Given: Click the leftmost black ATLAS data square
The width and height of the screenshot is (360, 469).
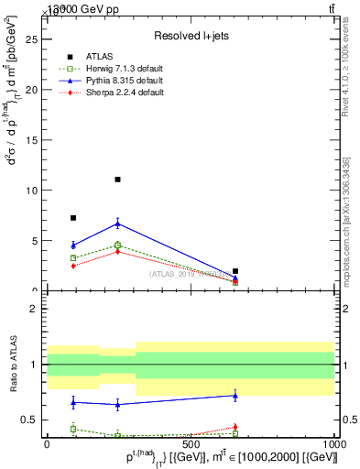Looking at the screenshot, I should (x=73, y=218).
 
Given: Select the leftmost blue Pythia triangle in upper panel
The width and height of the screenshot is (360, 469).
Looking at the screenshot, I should (x=73, y=245).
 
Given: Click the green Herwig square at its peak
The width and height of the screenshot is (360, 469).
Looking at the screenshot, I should (x=117, y=245).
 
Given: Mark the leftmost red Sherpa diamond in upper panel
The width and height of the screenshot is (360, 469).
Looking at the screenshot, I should (x=73, y=266).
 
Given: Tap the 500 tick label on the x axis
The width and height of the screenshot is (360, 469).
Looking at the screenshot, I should (x=191, y=442).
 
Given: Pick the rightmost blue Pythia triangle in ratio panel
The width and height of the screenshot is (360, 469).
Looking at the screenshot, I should (x=235, y=396).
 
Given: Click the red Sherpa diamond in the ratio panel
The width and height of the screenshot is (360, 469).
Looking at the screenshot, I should (x=235, y=427).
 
